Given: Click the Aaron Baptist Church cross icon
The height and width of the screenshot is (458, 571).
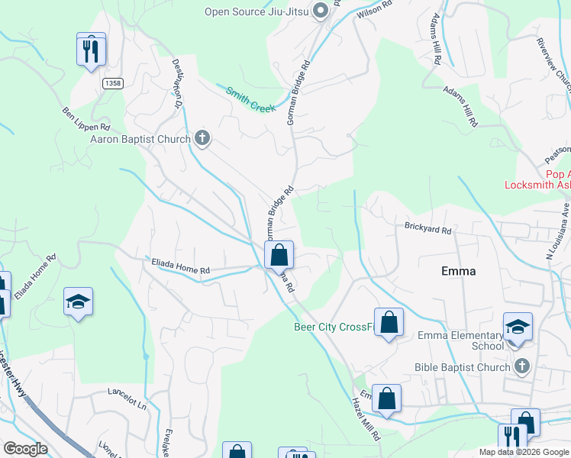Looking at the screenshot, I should click(x=202, y=139).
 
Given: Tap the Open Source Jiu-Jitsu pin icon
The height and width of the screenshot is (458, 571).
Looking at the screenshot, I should click(x=321, y=11).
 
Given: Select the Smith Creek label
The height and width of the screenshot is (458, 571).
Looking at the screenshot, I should click(x=250, y=100).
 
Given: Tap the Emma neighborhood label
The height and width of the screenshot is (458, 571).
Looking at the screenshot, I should click(x=459, y=271).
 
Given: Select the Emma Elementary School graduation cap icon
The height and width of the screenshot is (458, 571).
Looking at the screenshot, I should click(x=518, y=327).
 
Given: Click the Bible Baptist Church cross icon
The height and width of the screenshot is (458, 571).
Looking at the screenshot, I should click(x=521, y=367).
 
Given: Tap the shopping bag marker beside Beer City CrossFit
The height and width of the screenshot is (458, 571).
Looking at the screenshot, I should click(x=389, y=322).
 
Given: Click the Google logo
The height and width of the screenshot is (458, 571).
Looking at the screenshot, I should click(x=25, y=449).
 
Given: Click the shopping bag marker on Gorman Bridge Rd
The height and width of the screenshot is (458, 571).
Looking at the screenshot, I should click(x=280, y=255).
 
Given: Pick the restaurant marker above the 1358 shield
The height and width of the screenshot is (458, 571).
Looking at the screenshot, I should click(x=91, y=50).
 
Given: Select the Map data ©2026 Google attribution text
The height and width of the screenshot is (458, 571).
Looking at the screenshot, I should click(x=524, y=452).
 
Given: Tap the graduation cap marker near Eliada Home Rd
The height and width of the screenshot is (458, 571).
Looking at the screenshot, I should click(x=78, y=302).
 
